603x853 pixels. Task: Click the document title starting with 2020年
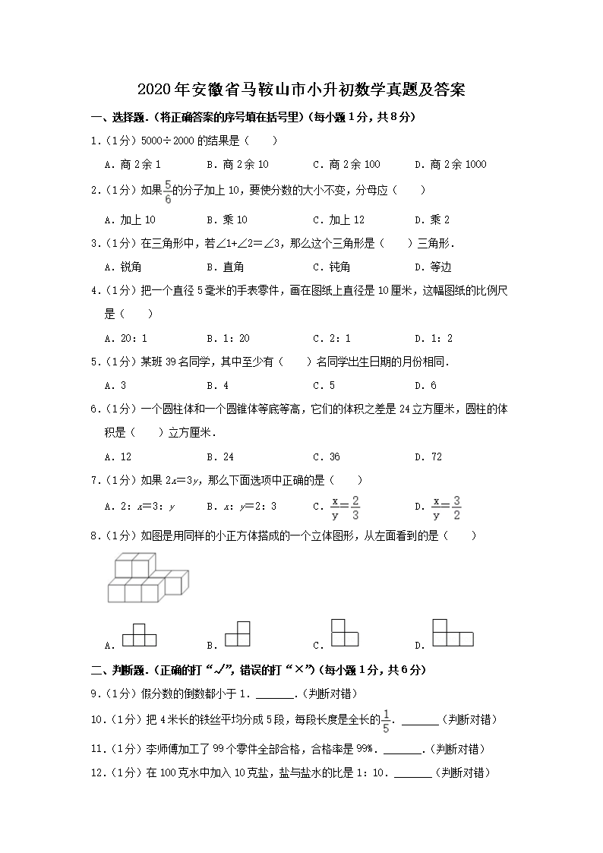[x=301, y=90]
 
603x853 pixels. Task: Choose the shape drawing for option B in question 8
[x=238, y=633]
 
